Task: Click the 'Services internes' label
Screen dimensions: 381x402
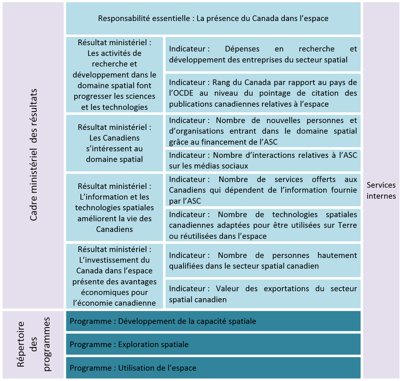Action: (381, 190)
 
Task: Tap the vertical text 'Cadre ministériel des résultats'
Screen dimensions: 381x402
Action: (34, 156)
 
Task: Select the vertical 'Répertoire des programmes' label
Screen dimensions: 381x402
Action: (34, 345)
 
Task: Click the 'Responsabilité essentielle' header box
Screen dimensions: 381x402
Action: (213, 18)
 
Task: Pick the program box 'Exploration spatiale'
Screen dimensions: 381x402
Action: (213, 344)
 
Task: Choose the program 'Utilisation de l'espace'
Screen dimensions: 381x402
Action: (213, 368)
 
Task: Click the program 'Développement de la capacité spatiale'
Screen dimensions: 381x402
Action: (213, 321)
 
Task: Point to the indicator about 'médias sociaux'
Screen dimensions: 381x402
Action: (263, 160)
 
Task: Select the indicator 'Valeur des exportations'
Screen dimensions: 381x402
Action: (263, 294)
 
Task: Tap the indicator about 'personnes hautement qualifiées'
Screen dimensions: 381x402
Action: (263, 260)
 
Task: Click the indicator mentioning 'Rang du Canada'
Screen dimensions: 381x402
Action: (263, 93)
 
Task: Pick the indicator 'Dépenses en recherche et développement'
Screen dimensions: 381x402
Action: (263, 54)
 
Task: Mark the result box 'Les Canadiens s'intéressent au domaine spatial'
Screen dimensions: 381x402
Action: (114, 143)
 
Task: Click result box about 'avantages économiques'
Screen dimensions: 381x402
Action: (114, 276)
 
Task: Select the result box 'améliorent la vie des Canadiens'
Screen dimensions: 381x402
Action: (114, 207)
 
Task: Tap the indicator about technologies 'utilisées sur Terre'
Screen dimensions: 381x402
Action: (263, 225)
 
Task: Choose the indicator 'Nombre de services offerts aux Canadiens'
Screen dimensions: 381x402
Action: (263, 190)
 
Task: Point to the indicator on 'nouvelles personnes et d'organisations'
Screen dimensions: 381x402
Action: (263, 131)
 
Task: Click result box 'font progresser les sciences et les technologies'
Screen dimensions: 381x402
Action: (114, 75)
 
